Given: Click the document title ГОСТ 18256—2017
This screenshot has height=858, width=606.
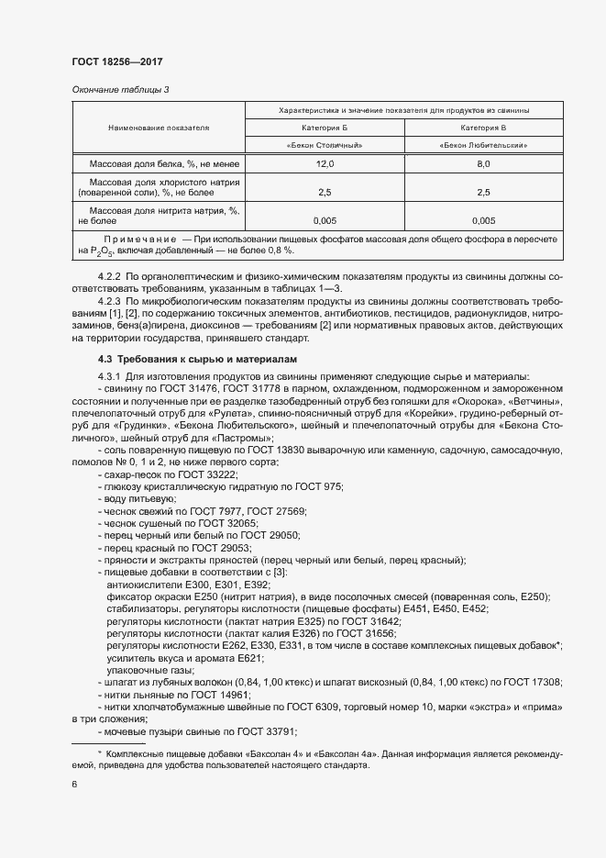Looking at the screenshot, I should [116, 61].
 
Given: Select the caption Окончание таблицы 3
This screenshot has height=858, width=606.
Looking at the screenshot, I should [120, 89].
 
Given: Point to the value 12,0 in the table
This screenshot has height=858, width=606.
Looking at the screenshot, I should [325, 163].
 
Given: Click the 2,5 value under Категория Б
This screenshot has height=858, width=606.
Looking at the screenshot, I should [325, 193].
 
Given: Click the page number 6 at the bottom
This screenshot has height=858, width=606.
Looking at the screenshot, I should [74, 785].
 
